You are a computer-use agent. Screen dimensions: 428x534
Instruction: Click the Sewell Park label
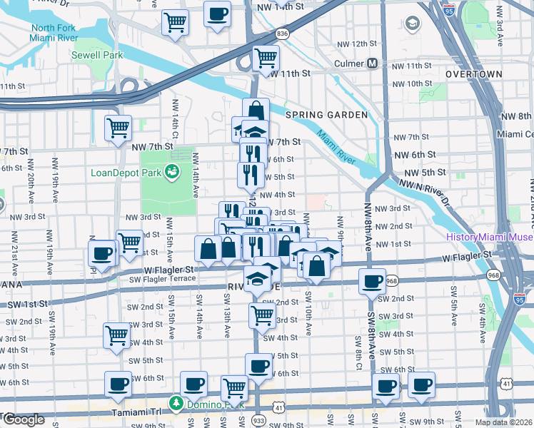[x=97, y=55]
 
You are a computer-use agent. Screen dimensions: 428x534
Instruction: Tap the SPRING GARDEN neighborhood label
[x=326, y=115]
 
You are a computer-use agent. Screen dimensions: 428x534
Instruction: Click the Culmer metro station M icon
[x=373, y=63]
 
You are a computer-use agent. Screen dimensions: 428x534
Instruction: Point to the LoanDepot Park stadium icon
[x=172, y=171]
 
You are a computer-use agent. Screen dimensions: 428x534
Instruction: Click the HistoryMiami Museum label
[x=490, y=238]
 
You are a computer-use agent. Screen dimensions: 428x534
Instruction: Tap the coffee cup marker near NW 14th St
[x=218, y=14]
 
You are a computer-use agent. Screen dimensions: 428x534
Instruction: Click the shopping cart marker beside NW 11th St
[x=266, y=57]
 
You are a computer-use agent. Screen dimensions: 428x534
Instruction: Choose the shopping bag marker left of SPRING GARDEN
[x=256, y=111]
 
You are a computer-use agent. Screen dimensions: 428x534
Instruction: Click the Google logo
[x=23, y=419]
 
